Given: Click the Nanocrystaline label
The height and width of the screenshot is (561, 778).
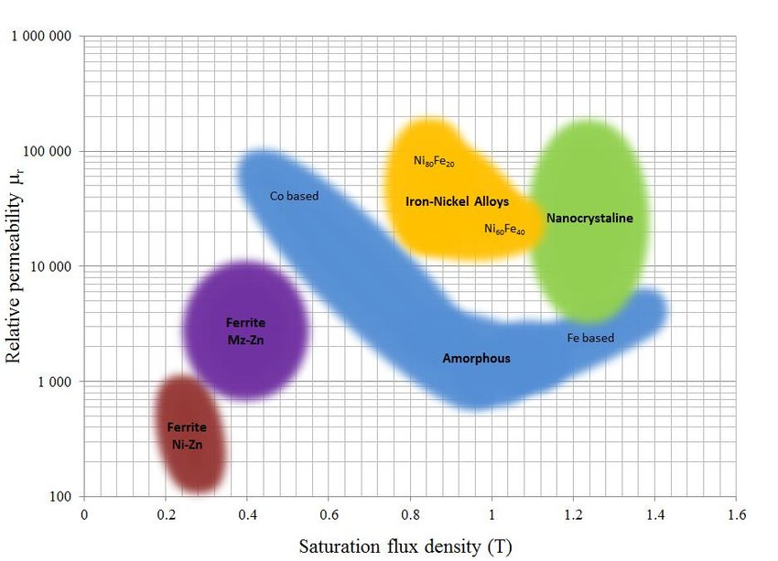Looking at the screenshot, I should click(589, 218).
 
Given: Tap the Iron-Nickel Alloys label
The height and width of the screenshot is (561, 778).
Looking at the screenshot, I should click(457, 200).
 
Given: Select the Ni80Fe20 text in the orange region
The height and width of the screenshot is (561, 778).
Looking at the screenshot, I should click(434, 162).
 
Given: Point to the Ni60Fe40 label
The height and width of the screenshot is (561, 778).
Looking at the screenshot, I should click(504, 229).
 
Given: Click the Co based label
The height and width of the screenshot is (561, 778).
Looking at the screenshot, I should click(293, 196).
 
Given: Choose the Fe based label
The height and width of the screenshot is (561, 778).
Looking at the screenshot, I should click(590, 338).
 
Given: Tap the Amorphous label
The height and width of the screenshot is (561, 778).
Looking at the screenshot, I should click(476, 359).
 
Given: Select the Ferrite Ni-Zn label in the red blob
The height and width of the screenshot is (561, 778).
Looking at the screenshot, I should click(186, 437).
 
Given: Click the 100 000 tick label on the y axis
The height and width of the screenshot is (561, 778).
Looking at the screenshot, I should click(48, 152).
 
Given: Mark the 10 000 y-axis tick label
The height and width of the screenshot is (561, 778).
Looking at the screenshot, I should click(51, 267).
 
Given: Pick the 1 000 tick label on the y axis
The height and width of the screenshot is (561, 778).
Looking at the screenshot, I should click(55, 382).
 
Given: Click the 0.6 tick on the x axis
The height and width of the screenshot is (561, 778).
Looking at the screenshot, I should click(329, 514).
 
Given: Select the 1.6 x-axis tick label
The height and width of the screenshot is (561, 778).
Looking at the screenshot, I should click(736, 514).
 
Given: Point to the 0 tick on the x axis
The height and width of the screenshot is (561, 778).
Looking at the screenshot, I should click(84, 514).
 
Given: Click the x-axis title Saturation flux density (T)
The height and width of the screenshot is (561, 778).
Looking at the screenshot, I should click(405, 547).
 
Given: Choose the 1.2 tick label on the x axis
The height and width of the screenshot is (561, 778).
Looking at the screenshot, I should click(573, 514).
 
